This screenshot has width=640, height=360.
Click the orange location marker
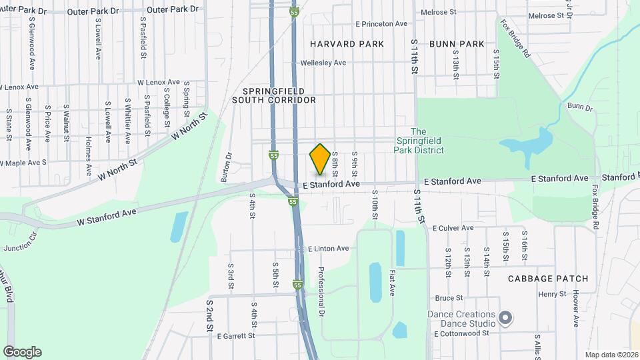coord(320,159)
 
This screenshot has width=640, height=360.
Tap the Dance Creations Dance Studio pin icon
coord(505,317)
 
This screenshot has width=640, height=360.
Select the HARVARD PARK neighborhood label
coord(347,44)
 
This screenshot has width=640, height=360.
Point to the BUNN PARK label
coord(457,44)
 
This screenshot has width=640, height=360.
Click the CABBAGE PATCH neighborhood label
coord(547,278)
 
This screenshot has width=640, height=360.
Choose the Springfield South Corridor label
coord(274,95)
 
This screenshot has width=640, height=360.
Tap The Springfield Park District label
coord(419,141)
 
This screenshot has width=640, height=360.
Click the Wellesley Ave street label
coord(323,63)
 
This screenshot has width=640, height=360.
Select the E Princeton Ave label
coord(381,24)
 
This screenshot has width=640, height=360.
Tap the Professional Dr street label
coord(321,291)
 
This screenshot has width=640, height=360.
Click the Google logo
coord(22,352)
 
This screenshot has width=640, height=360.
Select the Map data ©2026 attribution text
coord(611,355)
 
